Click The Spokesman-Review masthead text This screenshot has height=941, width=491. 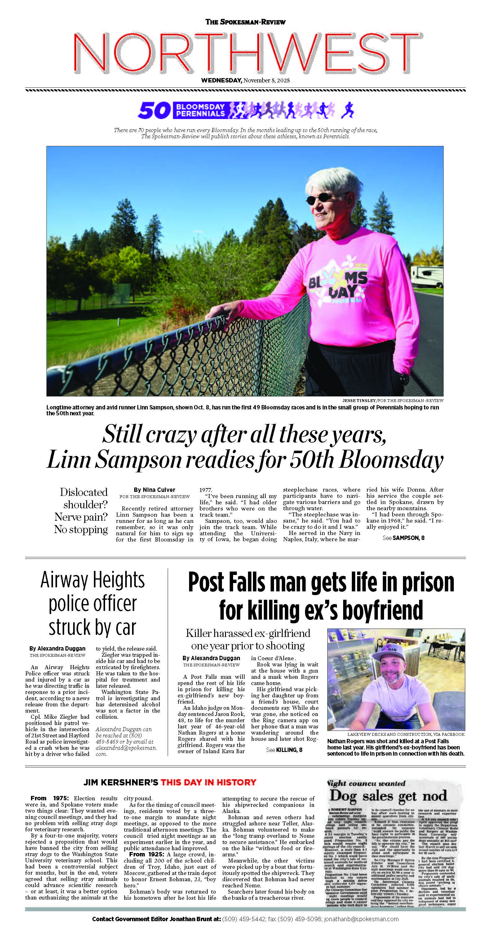click(245, 22)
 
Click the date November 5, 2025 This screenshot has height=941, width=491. click(266, 80)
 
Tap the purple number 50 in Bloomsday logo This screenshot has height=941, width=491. click(155, 110)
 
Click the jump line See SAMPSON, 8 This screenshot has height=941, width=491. click(403, 538)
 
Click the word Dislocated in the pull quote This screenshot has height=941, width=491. click(84, 492)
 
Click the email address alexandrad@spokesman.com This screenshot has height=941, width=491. click(126, 748)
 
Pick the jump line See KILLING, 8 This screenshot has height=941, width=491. click(284, 749)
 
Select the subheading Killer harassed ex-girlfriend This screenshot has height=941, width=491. click(248, 633)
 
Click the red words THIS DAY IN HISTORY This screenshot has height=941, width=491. click(208, 782)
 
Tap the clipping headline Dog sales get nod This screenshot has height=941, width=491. click(388, 796)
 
